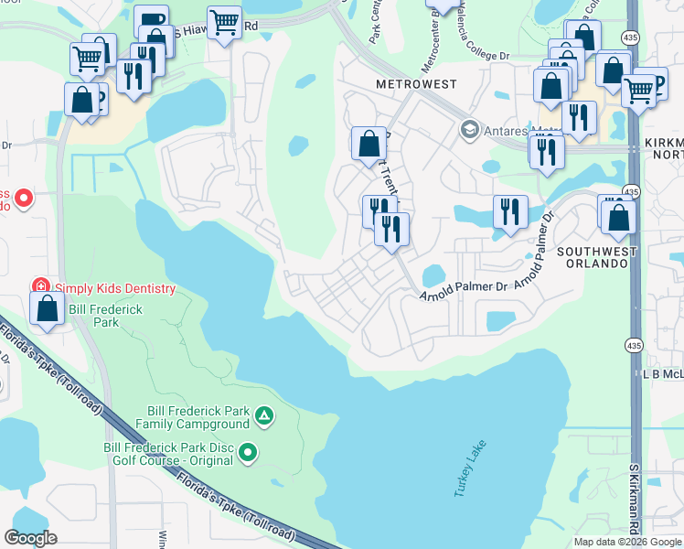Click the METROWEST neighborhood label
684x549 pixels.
[x=415, y=84]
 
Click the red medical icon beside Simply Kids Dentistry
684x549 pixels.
[x=40, y=288]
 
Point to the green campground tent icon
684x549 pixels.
[x=263, y=417]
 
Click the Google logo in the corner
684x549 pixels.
[x=30, y=538]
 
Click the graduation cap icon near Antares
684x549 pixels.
[x=471, y=129]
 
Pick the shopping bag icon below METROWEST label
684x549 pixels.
[x=369, y=143]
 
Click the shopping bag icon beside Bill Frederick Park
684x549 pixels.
[x=47, y=308]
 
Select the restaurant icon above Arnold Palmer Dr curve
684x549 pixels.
[x=510, y=211]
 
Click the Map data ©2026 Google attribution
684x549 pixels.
[x=627, y=542]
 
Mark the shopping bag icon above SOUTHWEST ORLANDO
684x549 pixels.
[x=619, y=217]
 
